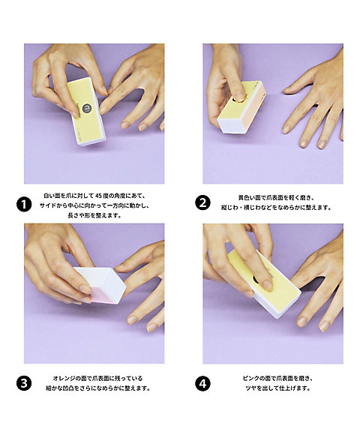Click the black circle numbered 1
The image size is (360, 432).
click(x=24, y=203)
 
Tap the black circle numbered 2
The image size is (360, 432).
click(x=202, y=202)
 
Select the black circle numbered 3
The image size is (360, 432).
click(x=24, y=383)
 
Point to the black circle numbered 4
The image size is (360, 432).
click(x=202, y=383)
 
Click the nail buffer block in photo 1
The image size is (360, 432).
click(x=83, y=109)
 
